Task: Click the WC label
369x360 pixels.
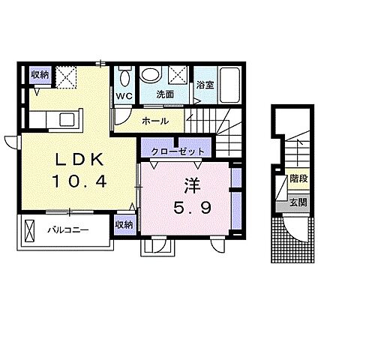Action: [x=124, y=96]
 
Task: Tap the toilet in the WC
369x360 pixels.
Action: [x=124, y=77]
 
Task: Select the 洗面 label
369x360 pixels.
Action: [x=164, y=95]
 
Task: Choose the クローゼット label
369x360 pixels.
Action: [x=177, y=151]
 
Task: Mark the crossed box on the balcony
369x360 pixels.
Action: [x=30, y=229]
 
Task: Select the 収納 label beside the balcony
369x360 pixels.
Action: [x=124, y=224]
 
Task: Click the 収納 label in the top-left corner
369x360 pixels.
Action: [x=39, y=74]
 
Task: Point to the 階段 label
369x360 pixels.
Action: [x=298, y=180]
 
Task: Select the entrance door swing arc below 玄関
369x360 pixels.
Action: [x=300, y=229]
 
